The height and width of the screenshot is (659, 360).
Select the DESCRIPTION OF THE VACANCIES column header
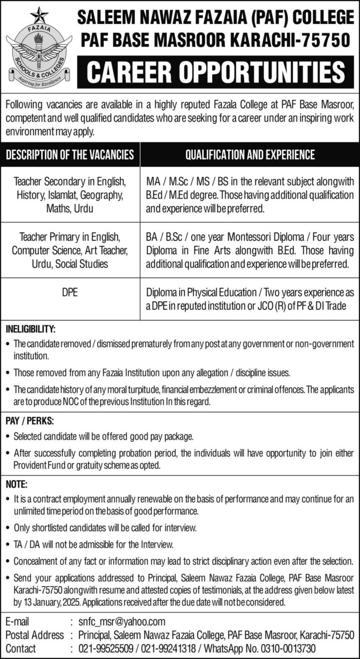pyautogui.click(x=70, y=154)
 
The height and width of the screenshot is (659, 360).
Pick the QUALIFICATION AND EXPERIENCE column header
pyautogui.click(x=250, y=154)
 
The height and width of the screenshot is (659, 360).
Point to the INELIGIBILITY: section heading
pyautogui.click(x=30, y=329)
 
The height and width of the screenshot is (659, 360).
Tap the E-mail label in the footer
pyautogui.click(x=17, y=621)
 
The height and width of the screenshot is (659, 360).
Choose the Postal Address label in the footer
pyautogui.click(x=34, y=635)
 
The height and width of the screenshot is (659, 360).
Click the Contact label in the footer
pyautogui.click(x=20, y=649)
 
